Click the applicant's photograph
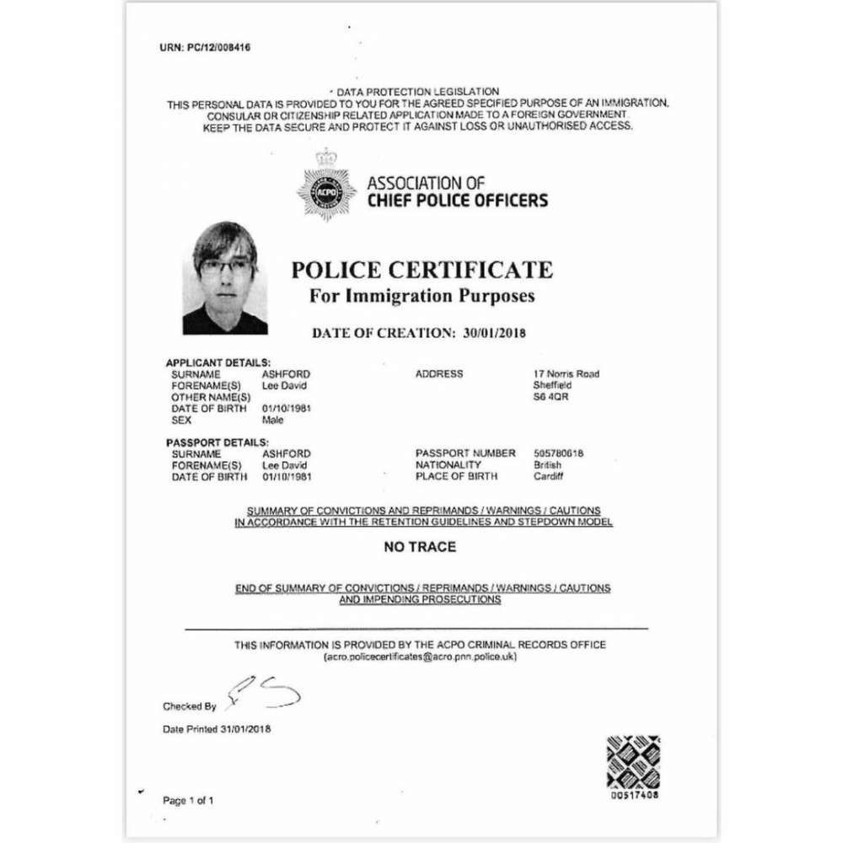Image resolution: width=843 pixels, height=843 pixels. click(x=225, y=278)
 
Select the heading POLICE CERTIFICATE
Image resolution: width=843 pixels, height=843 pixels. click(x=421, y=270)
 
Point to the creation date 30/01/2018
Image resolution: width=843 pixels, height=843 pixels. click(x=495, y=333)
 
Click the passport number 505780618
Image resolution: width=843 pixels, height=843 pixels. click(x=559, y=454)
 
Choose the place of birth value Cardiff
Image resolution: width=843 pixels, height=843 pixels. click(x=550, y=476)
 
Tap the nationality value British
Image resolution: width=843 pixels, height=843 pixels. click(x=548, y=464)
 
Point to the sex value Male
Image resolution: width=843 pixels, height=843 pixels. click(x=273, y=419)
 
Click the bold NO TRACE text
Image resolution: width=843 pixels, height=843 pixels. click(x=420, y=547)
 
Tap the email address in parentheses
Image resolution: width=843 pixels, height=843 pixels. click(x=420, y=656)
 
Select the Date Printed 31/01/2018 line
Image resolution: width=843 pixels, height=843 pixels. click(x=217, y=728)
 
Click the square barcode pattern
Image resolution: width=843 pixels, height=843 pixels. click(x=633, y=762)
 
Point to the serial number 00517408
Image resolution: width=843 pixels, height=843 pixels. click(x=634, y=795)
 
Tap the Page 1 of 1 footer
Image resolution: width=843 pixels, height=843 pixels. click(x=188, y=800)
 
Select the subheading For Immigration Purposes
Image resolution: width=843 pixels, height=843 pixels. click(x=421, y=296)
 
